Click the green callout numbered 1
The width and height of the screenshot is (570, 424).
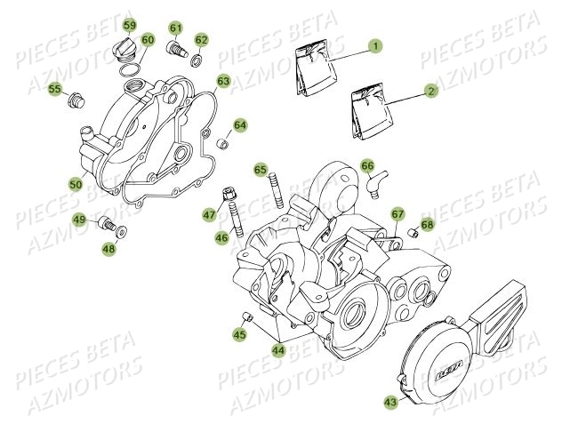point(375,45)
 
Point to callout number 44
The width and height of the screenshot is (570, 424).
point(279,350)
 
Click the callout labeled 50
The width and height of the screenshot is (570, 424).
point(76,184)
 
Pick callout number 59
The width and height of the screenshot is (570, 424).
point(130,24)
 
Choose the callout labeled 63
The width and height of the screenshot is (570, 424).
point(222,82)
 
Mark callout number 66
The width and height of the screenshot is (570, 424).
point(367,164)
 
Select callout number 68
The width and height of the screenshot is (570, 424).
point(428,225)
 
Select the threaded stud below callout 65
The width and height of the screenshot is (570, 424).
point(276,192)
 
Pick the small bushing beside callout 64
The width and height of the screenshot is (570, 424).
point(221,142)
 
